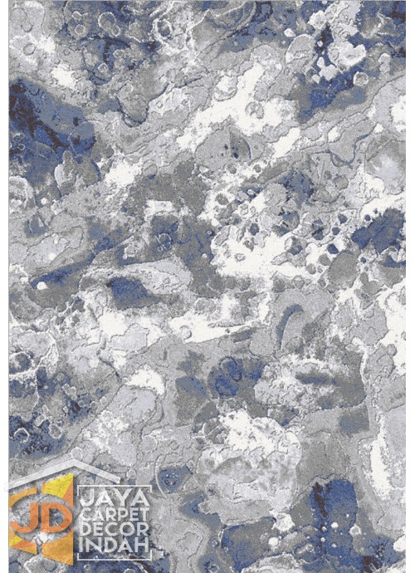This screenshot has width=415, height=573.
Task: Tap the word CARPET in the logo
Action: pos(114,515)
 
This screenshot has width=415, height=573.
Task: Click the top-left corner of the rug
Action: pos(8,2)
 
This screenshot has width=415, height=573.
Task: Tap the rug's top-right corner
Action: pos(406,2)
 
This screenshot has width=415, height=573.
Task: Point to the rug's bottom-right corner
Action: pos(406,571)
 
